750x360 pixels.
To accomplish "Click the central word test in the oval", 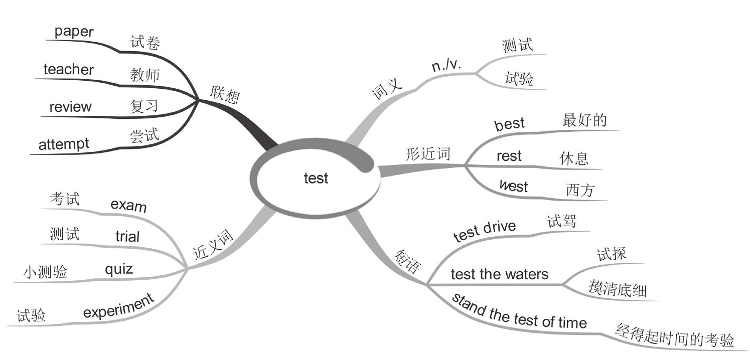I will [x=316, y=178].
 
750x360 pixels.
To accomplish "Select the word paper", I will [x=74, y=32].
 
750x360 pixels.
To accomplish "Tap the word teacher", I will [x=69, y=69].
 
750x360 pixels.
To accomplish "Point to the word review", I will [x=70, y=107].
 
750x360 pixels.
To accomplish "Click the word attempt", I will [x=64, y=144].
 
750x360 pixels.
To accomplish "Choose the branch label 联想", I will [x=224, y=93].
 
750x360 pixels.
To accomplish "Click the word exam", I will [x=128, y=205].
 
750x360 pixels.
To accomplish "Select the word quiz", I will [x=119, y=269].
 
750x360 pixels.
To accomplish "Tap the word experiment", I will [x=118, y=306].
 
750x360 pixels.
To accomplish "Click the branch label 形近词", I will [x=427, y=154].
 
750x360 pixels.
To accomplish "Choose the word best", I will [x=509, y=123].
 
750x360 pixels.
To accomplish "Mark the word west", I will [x=513, y=187].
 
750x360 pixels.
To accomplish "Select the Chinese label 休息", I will [x=573, y=158].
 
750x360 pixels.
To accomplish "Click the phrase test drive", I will [x=484, y=231].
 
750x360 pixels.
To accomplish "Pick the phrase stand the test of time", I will [x=519, y=312].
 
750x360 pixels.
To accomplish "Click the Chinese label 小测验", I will [x=45, y=272].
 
